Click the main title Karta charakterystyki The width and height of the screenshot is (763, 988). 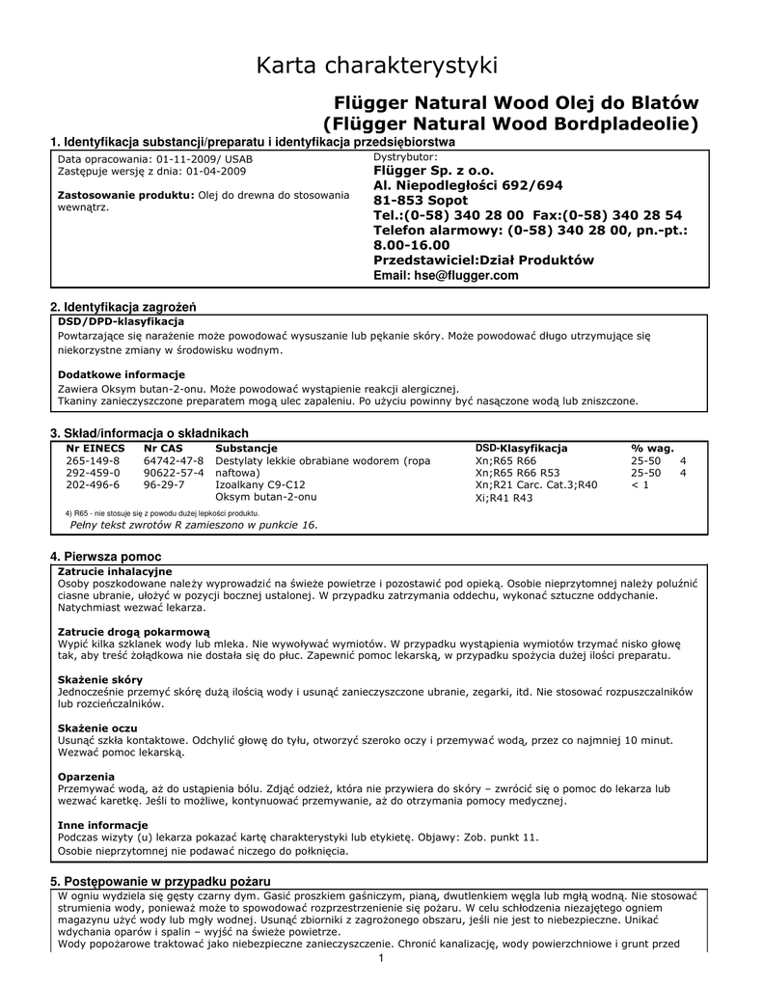coord(377,66)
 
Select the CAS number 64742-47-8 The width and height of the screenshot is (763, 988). coord(174,461)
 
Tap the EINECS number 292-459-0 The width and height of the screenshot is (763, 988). coord(94,474)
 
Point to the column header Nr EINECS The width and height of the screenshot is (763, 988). coord(95,449)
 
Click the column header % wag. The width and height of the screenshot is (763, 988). coord(652,449)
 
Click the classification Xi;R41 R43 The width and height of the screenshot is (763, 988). coord(504,499)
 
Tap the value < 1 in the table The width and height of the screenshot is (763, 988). coord(640,485)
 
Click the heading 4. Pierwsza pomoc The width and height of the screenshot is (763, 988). coord(105,558)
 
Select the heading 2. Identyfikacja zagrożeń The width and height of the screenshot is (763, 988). coord(129,307)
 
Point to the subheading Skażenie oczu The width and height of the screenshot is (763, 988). coord(97,727)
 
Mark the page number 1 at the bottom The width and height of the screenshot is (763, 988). coord(382,957)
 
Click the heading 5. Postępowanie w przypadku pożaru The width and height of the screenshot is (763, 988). coord(160,882)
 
